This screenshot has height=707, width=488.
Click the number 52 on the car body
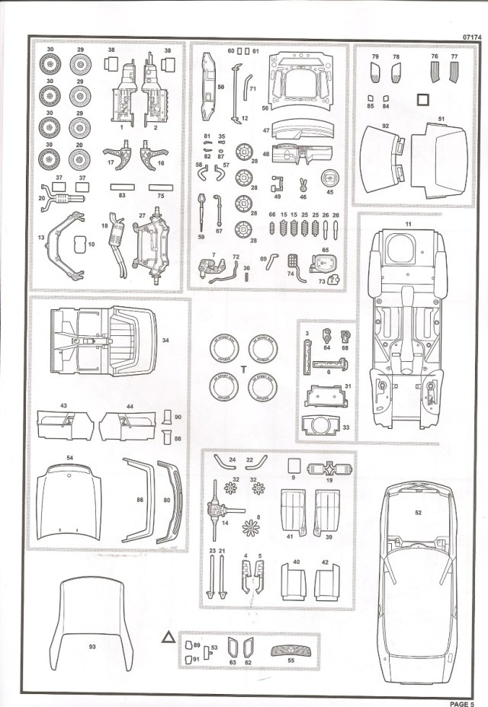419,513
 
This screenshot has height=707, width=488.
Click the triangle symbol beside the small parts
167,636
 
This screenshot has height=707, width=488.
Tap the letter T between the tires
242,368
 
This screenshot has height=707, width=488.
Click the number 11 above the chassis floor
408,222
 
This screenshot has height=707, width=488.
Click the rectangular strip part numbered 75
160,186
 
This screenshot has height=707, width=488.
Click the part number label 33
345,428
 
